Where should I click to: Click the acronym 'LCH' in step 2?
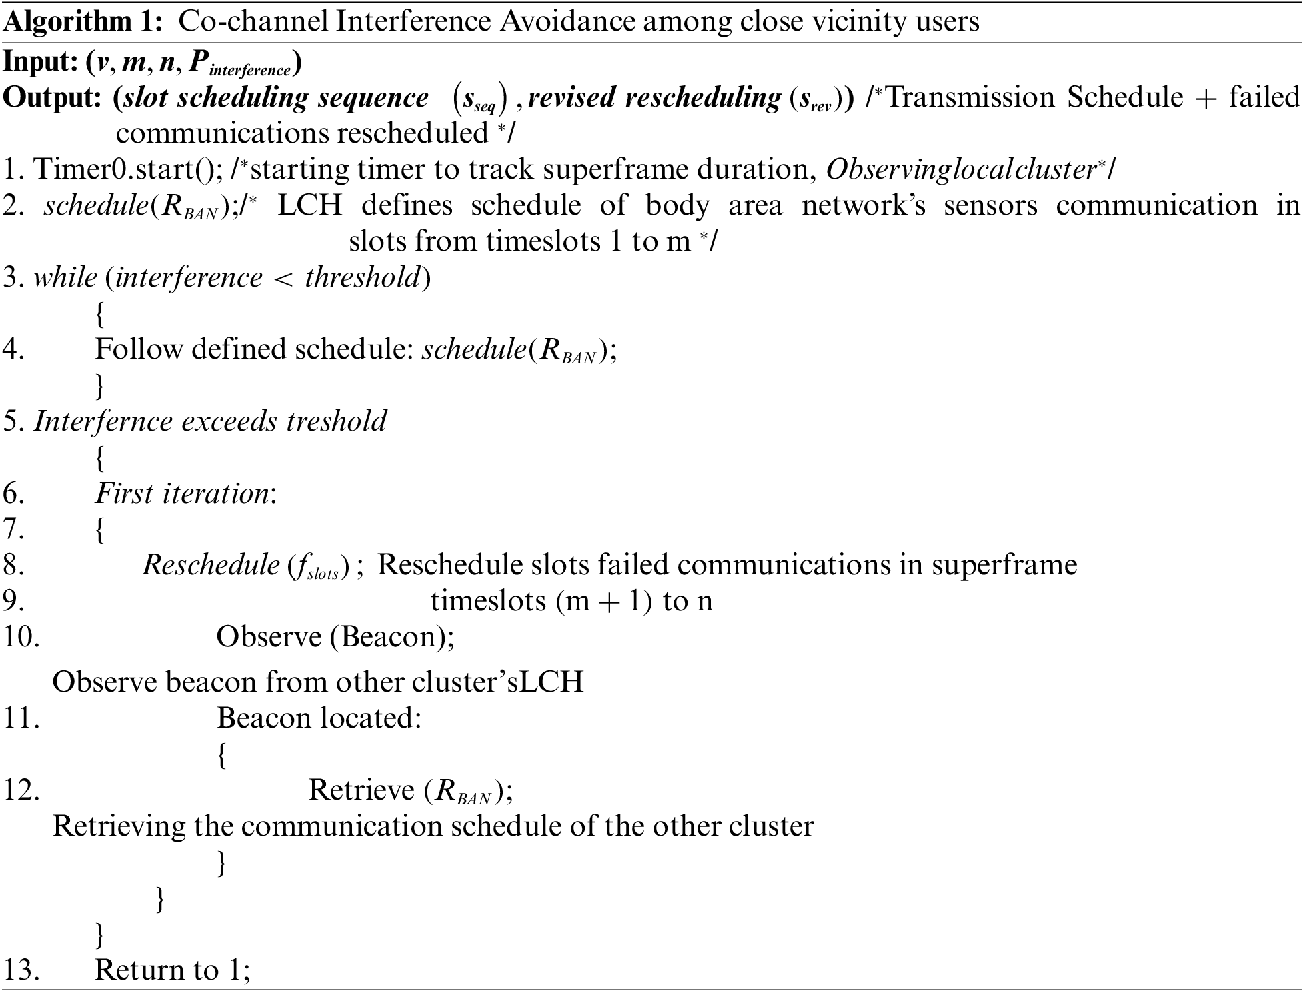click(309, 205)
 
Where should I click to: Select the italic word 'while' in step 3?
click(65, 277)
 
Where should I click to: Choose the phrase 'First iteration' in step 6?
click(182, 493)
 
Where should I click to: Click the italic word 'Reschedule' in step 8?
click(211, 566)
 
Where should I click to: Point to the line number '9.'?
click(14, 601)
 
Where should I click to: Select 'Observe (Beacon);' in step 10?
click(335, 637)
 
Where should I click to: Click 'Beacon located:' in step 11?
click(319, 718)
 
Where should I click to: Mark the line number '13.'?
click(21, 970)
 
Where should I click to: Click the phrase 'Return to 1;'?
click(173, 970)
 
